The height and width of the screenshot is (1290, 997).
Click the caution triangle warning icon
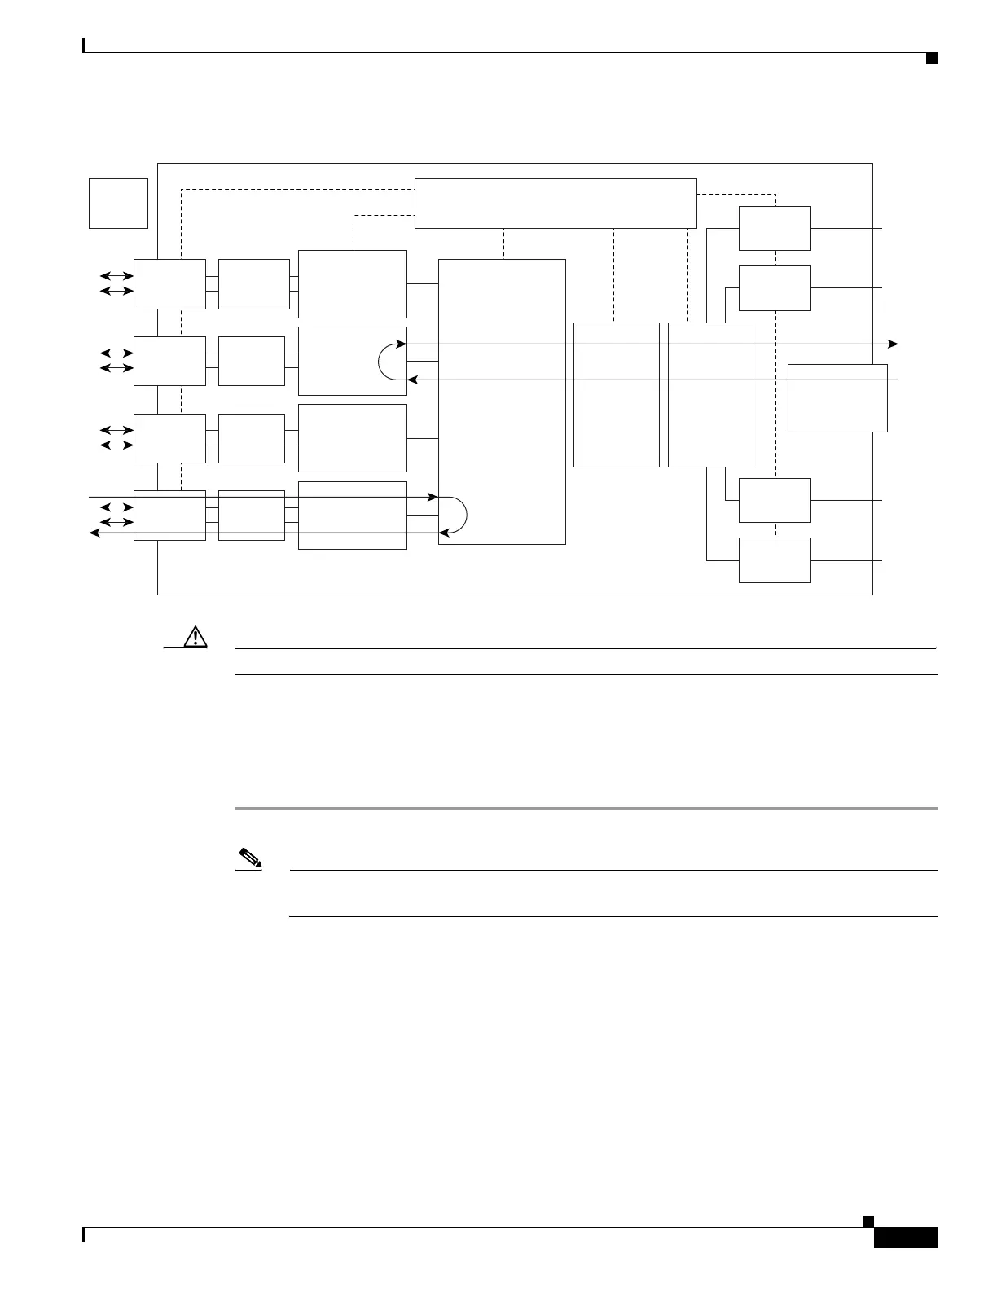click(195, 636)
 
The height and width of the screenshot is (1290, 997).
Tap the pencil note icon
click(246, 857)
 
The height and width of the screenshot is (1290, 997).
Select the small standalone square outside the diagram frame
click(118, 203)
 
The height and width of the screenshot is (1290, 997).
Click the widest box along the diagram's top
click(556, 204)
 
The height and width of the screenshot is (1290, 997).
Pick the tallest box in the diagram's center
click(502, 401)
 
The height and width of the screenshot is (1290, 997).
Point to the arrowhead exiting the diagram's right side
click(894, 344)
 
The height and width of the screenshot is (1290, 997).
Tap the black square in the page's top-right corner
click(932, 58)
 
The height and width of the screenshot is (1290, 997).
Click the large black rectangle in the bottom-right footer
click(906, 1238)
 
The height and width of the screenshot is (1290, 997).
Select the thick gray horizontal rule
click(586, 809)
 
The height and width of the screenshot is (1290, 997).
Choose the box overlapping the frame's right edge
click(837, 397)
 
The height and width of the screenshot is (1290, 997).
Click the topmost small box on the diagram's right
click(775, 228)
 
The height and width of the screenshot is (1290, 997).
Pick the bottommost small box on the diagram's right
click(775, 560)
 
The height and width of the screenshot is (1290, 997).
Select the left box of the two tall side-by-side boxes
click(616, 394)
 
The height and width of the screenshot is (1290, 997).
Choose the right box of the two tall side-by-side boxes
click(710, 394)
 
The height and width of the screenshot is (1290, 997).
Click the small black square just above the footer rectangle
click(868, 1221)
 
